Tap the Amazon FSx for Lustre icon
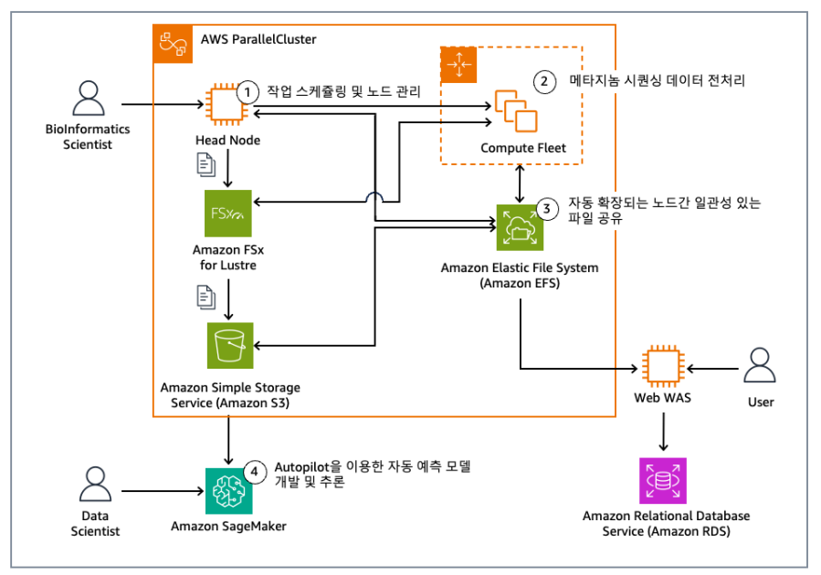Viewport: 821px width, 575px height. [x=226, y=214]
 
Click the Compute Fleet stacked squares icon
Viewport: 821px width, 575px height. [x=516, y=112]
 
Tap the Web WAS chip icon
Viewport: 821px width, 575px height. [x=662, y=369]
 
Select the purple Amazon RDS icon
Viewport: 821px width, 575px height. [x=662, y=481]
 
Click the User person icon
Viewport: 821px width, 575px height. [x=760, y=369]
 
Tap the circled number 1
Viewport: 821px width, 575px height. [x=247, y=92]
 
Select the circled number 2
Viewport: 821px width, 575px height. [x=544, y=81]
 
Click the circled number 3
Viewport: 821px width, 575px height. [x=546, y=208]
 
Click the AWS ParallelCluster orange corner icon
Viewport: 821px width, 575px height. [x=171, y=42]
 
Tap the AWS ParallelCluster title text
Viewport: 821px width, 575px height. [x=258, y=40]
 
